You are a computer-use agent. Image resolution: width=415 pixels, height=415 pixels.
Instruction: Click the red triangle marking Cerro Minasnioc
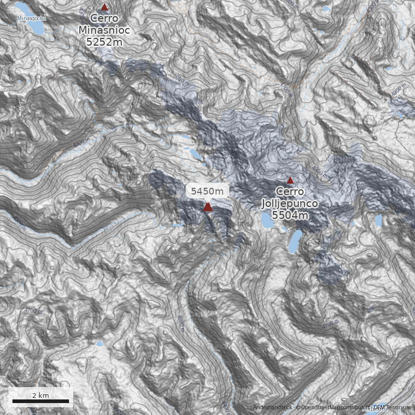click(x=104, y=7)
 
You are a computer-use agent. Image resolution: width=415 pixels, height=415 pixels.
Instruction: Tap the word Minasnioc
click(x=104, y=31)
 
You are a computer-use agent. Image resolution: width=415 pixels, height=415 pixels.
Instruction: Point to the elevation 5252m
click(x=104, y=41)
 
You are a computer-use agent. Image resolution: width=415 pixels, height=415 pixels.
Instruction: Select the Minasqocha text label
click(x=32, y=19)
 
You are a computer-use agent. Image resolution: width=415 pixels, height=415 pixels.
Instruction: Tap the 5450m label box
click(x=208, y=191)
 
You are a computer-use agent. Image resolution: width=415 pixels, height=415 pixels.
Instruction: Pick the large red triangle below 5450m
click(x=208, y=208)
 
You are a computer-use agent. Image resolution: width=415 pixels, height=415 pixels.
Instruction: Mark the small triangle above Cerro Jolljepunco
click(x=290, y=180)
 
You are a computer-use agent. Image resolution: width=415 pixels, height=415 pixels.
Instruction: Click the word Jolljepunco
click(x=290, y=203)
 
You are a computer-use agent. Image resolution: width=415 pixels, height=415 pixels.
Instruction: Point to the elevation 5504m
click(x=290, y=215)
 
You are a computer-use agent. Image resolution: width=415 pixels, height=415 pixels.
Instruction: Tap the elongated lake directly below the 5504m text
click(x=295, y=241)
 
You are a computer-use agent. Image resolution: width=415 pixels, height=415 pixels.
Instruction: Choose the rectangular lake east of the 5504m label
click(x=378, y=221)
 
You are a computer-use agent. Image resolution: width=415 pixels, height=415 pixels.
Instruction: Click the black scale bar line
click(x=40, y=401)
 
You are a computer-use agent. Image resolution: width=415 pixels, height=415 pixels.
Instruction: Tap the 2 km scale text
click(x=40, y=395)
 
